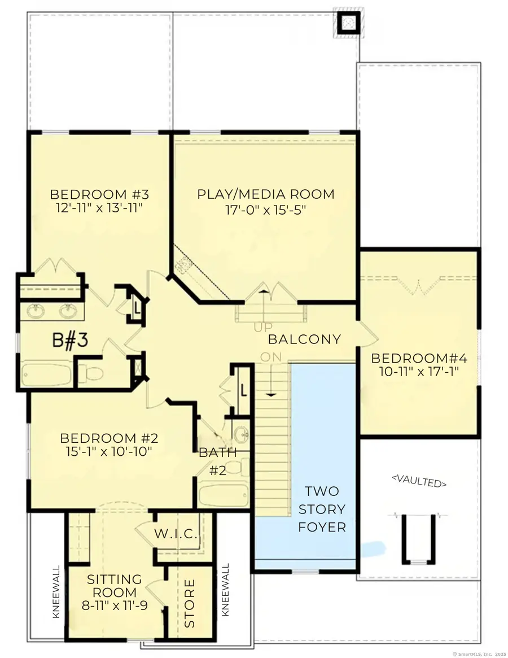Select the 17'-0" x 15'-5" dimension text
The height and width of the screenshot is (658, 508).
pyautogui.click(x=265, y=210)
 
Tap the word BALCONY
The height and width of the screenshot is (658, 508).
pyautogui.click(x=304, y=339)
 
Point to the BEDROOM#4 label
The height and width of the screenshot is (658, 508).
pyautogui.click(x=419, y=359)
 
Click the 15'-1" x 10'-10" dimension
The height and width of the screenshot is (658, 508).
pyautogui.click(x=109, y=452)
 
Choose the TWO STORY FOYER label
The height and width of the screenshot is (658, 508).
pyautogui.click(x=322, y=509)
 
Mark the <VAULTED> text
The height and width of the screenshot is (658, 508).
pyautogui.click(x=419, y=483)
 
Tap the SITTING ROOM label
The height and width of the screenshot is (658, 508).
pyautogui.click(x=114, y=586)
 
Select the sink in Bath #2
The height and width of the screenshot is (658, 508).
pyautogui.click(x=242, y=435)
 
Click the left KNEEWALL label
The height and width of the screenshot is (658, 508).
pyautogui.click(x=56, y=591)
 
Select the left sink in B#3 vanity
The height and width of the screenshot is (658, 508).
pyautogui.click(x=37, y=310)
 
